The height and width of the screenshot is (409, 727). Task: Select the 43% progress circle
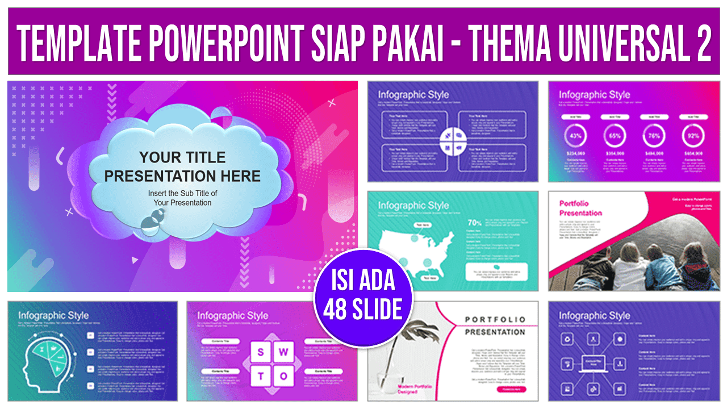click(x=575, y=136)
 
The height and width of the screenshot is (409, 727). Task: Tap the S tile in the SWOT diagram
click(x=261, y=352)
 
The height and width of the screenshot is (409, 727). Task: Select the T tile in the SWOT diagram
click(x=261, y=375)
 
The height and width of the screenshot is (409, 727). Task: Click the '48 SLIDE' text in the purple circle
click(x=363, y=310)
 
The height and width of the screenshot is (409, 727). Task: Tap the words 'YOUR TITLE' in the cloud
click(x=182, y=157)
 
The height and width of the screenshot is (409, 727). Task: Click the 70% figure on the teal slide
click(x=474, y=223)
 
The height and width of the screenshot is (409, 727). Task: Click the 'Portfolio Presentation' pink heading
click(x=580, y=208)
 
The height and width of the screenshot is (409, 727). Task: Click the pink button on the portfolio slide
click(x=511, y=390)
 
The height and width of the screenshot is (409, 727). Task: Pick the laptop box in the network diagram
click(x=594, y=362)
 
